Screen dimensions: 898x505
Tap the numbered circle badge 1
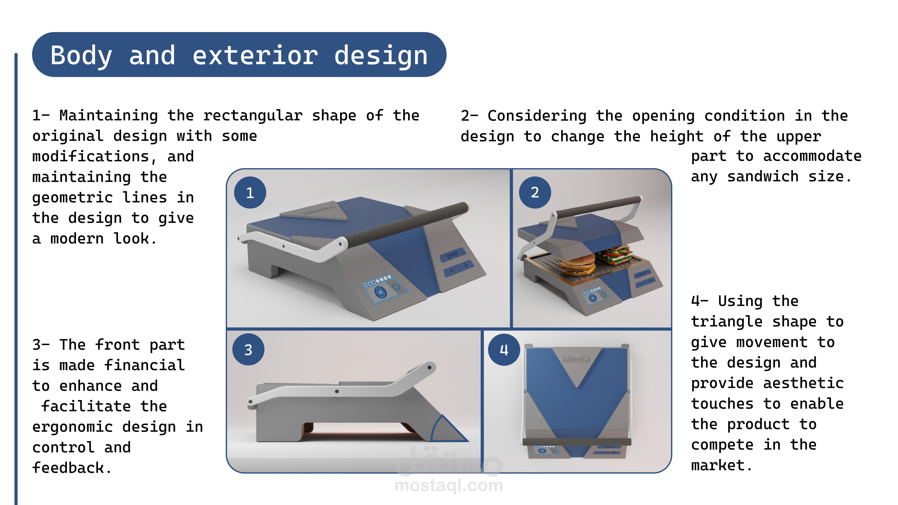tap(250, 193)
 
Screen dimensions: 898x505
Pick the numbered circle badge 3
tap(248, 350)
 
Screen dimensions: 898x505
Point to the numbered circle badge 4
tap(504, 350)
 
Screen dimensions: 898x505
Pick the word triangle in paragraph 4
tap(727, 322)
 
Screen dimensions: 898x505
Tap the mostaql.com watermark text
tap(449, 485)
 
